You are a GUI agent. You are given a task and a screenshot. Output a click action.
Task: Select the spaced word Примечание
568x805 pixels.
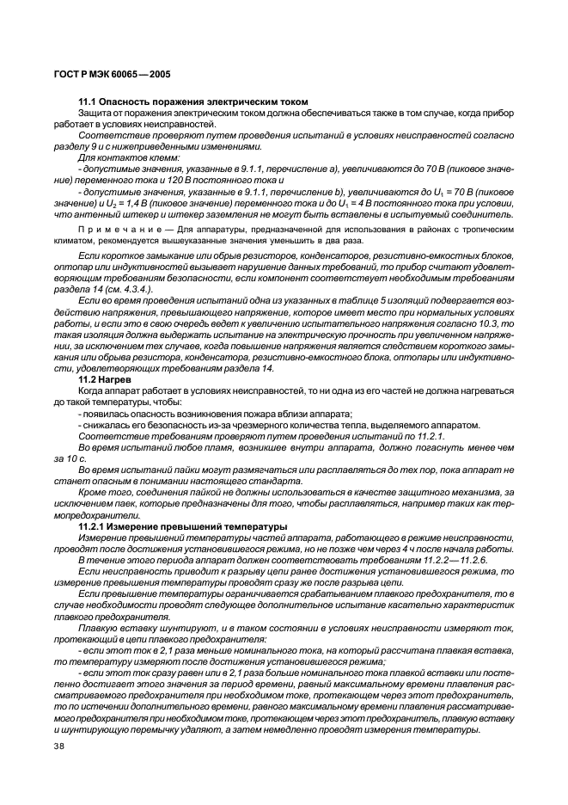pyautogui.click(x=113, y=230)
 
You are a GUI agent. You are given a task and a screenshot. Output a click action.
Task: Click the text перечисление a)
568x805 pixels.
pyautogui.click(x=270, y=169)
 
